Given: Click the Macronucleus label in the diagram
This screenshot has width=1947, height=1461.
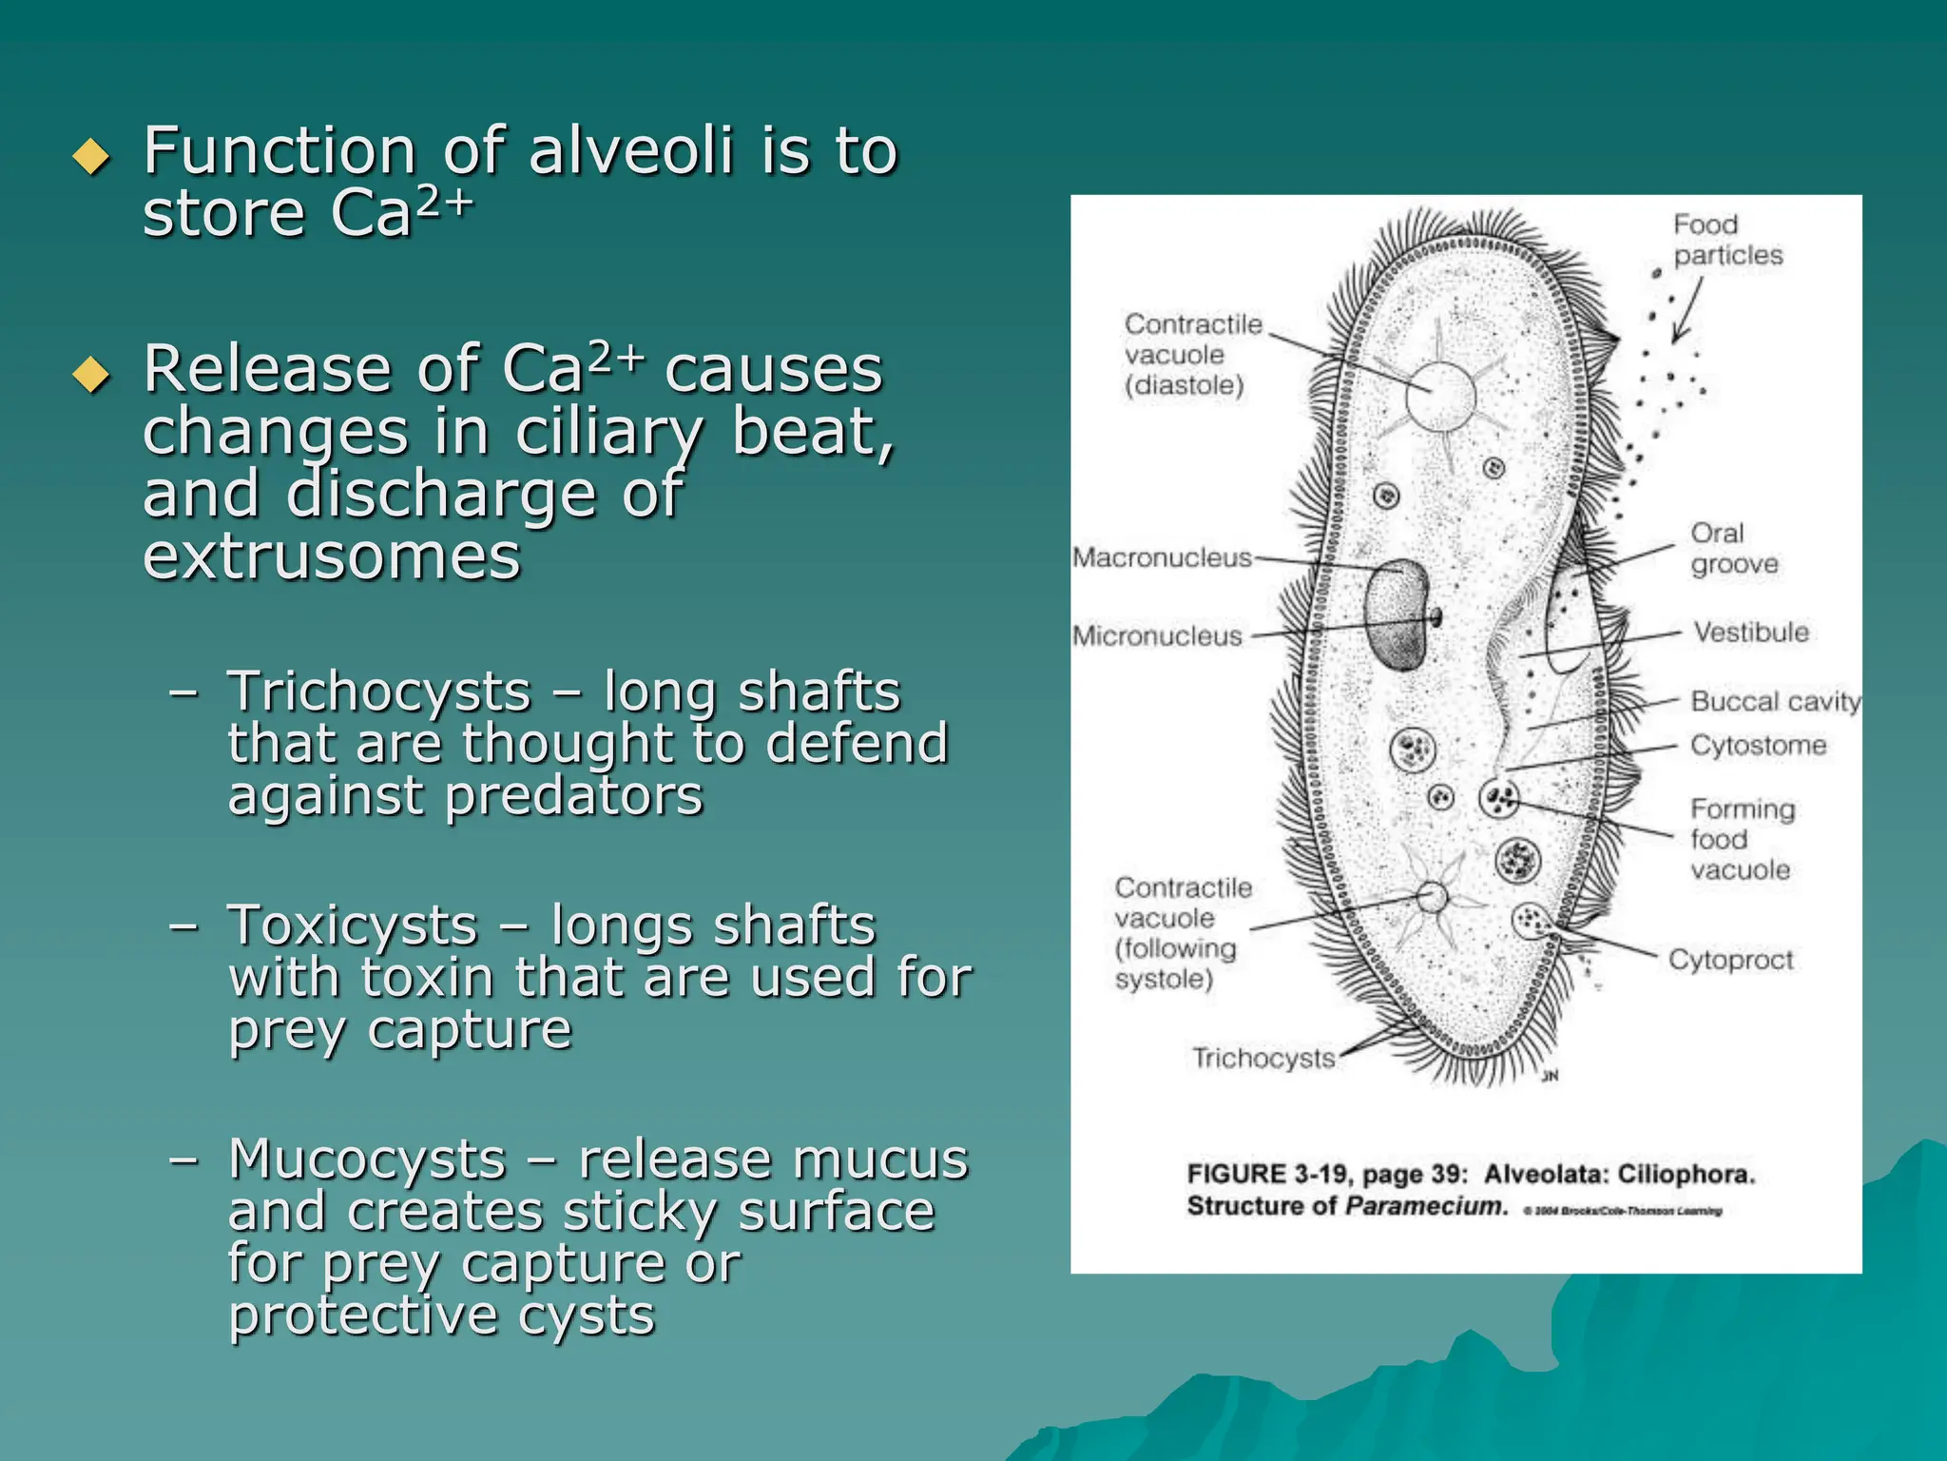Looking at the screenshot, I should click(1162, 557).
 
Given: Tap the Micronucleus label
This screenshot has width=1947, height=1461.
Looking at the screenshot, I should click(1157, 636).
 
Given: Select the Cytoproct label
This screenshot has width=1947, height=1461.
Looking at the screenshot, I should click(1730, 960).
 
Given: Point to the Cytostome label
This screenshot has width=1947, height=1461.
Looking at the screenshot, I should click(1758, 745).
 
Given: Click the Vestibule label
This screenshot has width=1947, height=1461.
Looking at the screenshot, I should click(1751, 633).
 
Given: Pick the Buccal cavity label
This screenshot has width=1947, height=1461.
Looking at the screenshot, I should click(1775, 701).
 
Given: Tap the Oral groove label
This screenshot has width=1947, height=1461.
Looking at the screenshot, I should click(1734, 548).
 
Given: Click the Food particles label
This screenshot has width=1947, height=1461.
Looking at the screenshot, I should click(1727, 240).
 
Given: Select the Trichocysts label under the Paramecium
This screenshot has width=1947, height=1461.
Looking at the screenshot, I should click(1263, 1058).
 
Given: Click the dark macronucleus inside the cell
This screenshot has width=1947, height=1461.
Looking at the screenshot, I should click(1396, 614).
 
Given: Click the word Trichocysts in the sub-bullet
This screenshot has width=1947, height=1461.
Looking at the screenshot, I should click(378, 692).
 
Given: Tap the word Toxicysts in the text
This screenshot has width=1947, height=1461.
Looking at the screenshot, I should click(352, 925).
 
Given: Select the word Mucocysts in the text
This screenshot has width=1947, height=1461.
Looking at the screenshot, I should click(367, 1159).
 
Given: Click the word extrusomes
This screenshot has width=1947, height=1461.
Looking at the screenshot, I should click(332, 555).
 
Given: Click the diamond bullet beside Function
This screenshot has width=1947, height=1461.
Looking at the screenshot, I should click(91, 156).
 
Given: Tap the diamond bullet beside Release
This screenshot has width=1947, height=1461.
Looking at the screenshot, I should click(91, 374).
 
